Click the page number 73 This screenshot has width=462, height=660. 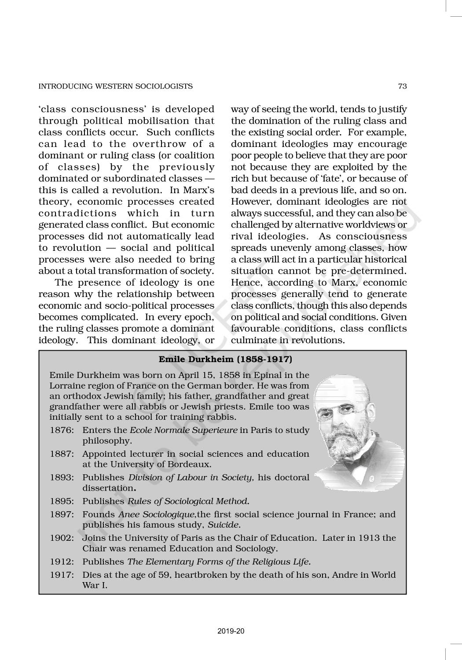[x=402, y=86]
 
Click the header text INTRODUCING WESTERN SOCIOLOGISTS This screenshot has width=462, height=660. [x=116, y=86]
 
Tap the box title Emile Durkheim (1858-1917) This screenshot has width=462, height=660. [x=225, y=359]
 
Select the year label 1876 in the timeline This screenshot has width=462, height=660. [x=61, y=430]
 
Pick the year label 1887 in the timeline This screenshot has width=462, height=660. [x=61, y=454]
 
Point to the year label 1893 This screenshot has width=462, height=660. [x=61, y=477]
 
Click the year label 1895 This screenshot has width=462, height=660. [x=61, y=501]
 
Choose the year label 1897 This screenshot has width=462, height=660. [x=61, y=514]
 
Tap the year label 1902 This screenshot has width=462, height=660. [x=61, y=538]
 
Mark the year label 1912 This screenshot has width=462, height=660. [x=61, y=561]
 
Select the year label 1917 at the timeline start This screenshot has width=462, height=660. [x=61, y=575]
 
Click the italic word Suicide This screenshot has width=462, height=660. [x=224, y=525]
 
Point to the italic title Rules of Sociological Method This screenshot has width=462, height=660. [x=188, y=501]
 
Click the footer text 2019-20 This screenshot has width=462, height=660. [x=231, y=631]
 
